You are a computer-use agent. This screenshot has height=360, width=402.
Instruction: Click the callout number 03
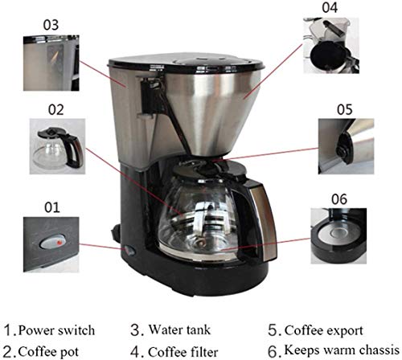point(51,25)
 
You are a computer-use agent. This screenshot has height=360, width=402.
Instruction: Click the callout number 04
point(331,9)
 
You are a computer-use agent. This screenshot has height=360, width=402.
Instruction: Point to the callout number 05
point(344,107)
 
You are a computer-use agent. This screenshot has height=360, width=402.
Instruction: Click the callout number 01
point(52,207)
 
